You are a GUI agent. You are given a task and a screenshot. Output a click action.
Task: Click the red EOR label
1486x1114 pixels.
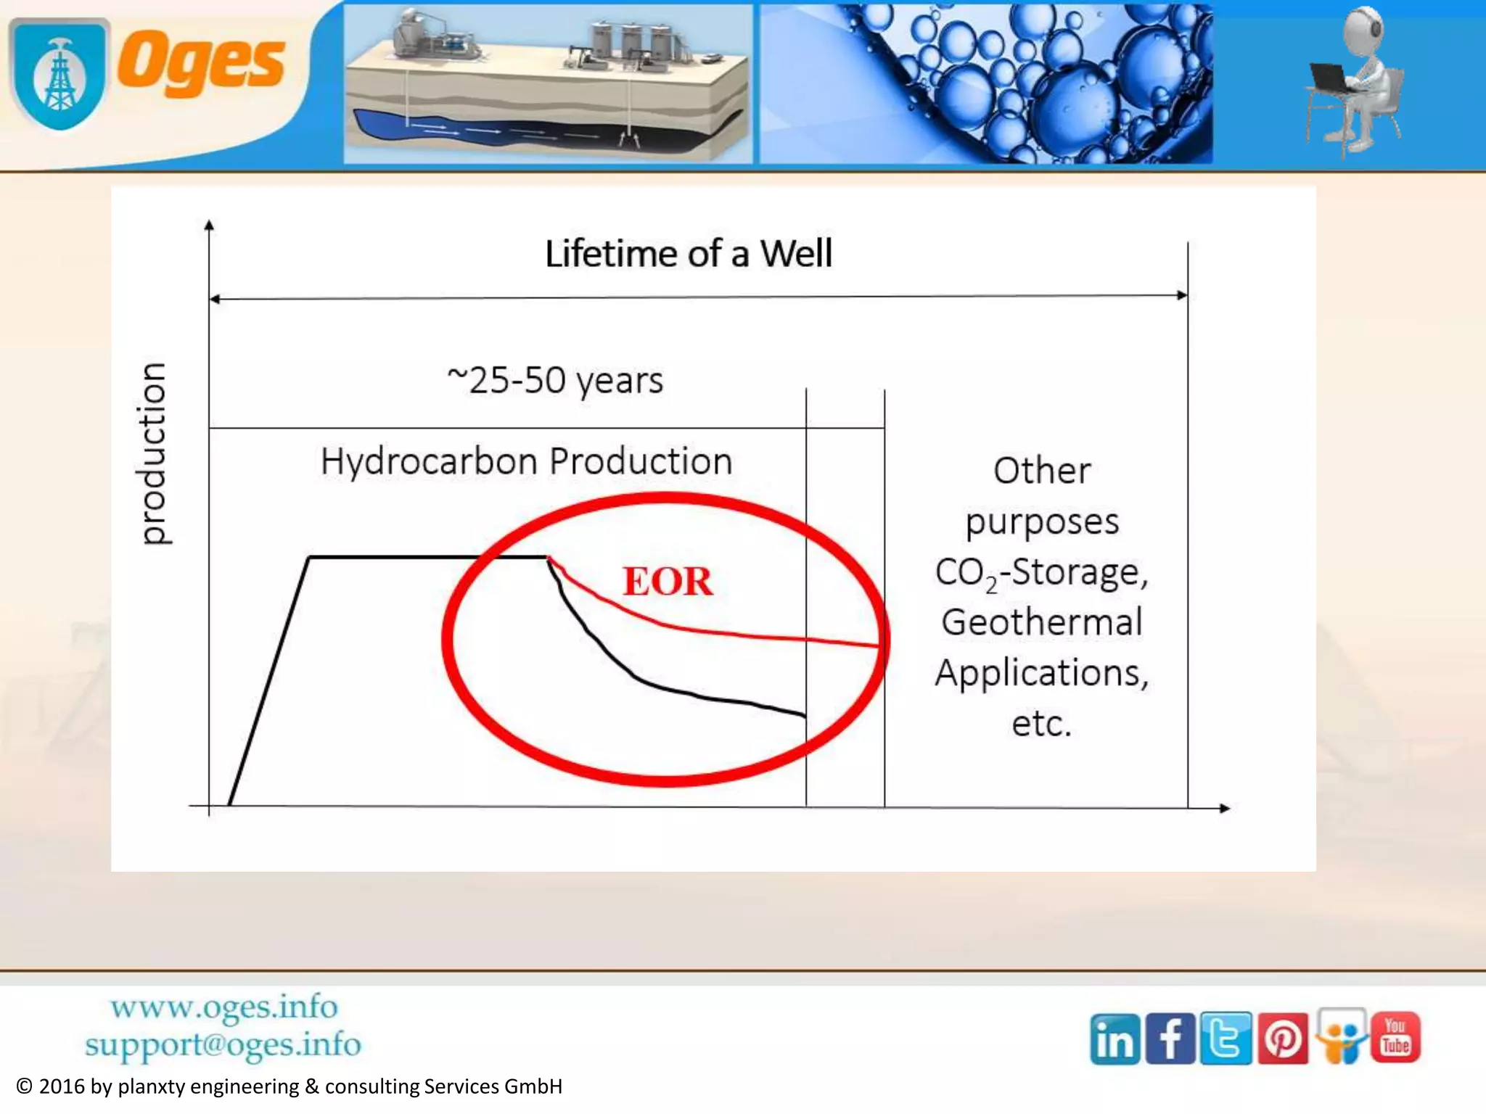click(x=668, y=582)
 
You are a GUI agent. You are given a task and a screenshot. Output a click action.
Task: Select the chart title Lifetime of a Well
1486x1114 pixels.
click(x=688, y=254)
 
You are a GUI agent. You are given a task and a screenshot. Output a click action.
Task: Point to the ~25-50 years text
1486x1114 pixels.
click(x=555, y=380)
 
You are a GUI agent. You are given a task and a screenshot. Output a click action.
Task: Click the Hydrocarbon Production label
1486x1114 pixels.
click(x=526, y=461)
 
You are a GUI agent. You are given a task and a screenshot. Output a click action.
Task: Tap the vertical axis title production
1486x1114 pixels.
click(x=153, y=453)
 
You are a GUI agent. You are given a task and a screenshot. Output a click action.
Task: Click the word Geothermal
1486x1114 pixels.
click(x=1041, y=622)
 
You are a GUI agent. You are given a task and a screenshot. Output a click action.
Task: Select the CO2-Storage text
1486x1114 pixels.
click(x=1041, y=572)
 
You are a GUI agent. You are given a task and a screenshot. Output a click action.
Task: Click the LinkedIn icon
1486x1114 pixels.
click(x=1114, y=1039)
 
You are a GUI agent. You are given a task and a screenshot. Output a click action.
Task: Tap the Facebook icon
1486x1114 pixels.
click(x=1170, y=1039)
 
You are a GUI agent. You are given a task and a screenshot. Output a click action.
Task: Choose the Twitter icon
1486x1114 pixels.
click(x=1226, y=1039)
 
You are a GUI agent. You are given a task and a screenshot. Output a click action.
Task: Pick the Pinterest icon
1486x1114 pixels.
click(x=1282, y=1039)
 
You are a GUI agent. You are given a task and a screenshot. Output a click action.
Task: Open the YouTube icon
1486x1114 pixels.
click(x=1395, y=1037)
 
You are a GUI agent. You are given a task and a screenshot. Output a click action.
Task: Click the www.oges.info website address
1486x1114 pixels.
click(x=223, y=1007)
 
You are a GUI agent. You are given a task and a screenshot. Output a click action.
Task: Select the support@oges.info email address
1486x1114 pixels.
click(x=223, y=1045)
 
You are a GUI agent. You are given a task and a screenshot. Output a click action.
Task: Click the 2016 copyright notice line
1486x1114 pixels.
click(x=289, y=1086)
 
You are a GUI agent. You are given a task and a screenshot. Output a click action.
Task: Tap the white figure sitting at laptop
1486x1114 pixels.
click(x=1357, y=80)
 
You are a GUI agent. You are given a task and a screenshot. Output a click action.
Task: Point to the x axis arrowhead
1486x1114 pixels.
click(x=1225, y=808)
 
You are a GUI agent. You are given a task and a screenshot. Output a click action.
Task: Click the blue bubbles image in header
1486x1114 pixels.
click(x=985, y=83)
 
